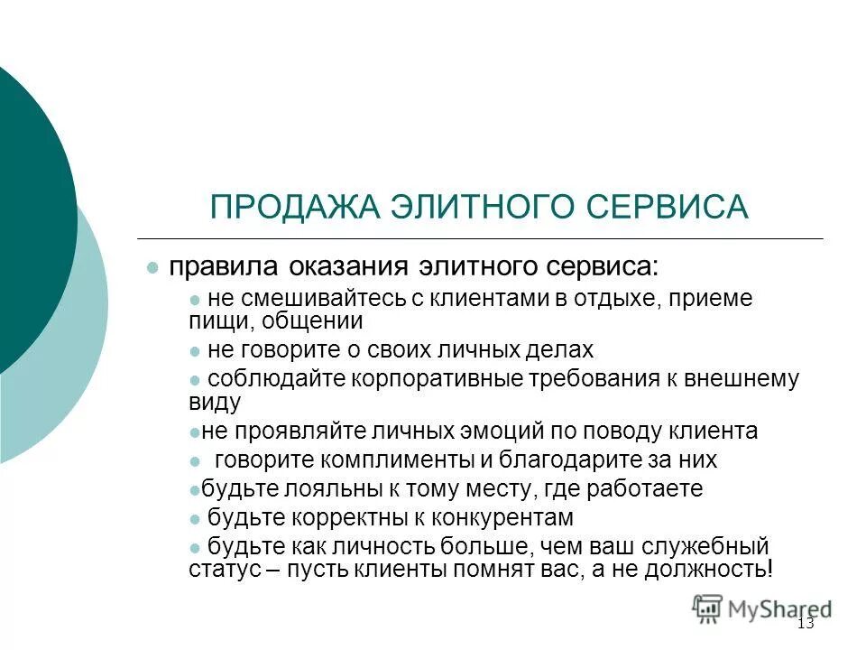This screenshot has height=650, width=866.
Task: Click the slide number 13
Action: (806, 624)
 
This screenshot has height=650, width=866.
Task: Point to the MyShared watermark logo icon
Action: (707, 607)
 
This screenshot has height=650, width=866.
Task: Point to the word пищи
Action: (211, 320)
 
